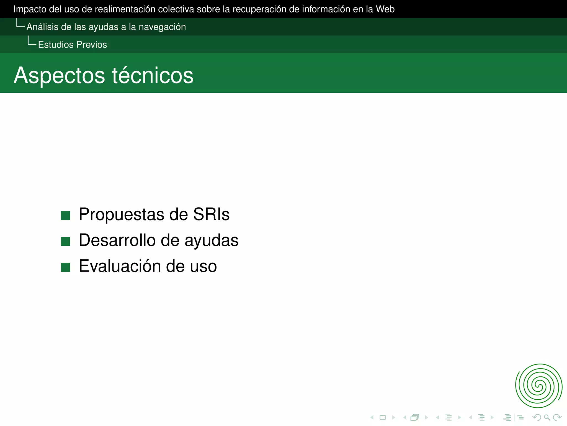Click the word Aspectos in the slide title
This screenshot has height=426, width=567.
pyautogui.click(x=60, y=75)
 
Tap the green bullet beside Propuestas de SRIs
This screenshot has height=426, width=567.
pyautogui.click(x=65, y=215)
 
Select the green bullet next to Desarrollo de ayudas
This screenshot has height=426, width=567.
pyautogui.click(x=65, y=241)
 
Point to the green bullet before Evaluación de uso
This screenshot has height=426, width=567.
pyautogui.click(x=65, y=267)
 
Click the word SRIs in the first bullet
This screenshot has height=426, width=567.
pyautogui.click(x=211, y=214)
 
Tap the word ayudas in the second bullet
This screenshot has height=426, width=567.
pyautogui.click(x=211, y=241)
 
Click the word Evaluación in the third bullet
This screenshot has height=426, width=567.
pyautogui.click(x=120, y=266)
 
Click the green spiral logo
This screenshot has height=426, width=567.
pyautogui.click(x=538, y=386)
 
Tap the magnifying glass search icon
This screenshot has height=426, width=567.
pyautogui.click(x=547, y=417)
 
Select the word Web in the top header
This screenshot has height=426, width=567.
pyautogui.click(x=385, y=9)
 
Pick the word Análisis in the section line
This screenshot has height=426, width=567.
pyautogui.click(x=42, y=27)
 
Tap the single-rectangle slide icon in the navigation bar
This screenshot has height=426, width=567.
pyautogui.click(x=383, y=417)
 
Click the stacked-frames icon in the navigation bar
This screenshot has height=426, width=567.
pyautogui.click(x=415, y=417)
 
